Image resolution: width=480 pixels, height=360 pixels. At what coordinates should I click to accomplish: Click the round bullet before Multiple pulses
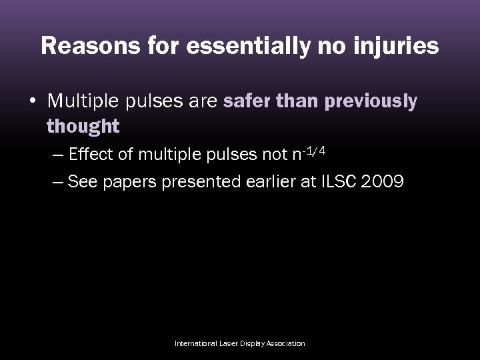click(x=32, y=102)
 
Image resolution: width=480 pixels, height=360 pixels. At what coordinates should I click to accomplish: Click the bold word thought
click(x=83, y=125)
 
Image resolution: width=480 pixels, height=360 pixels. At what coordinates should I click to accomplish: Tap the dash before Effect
click(x=57, y=156)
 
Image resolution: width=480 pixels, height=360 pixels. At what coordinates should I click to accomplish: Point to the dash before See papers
click(x=57, y=182)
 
